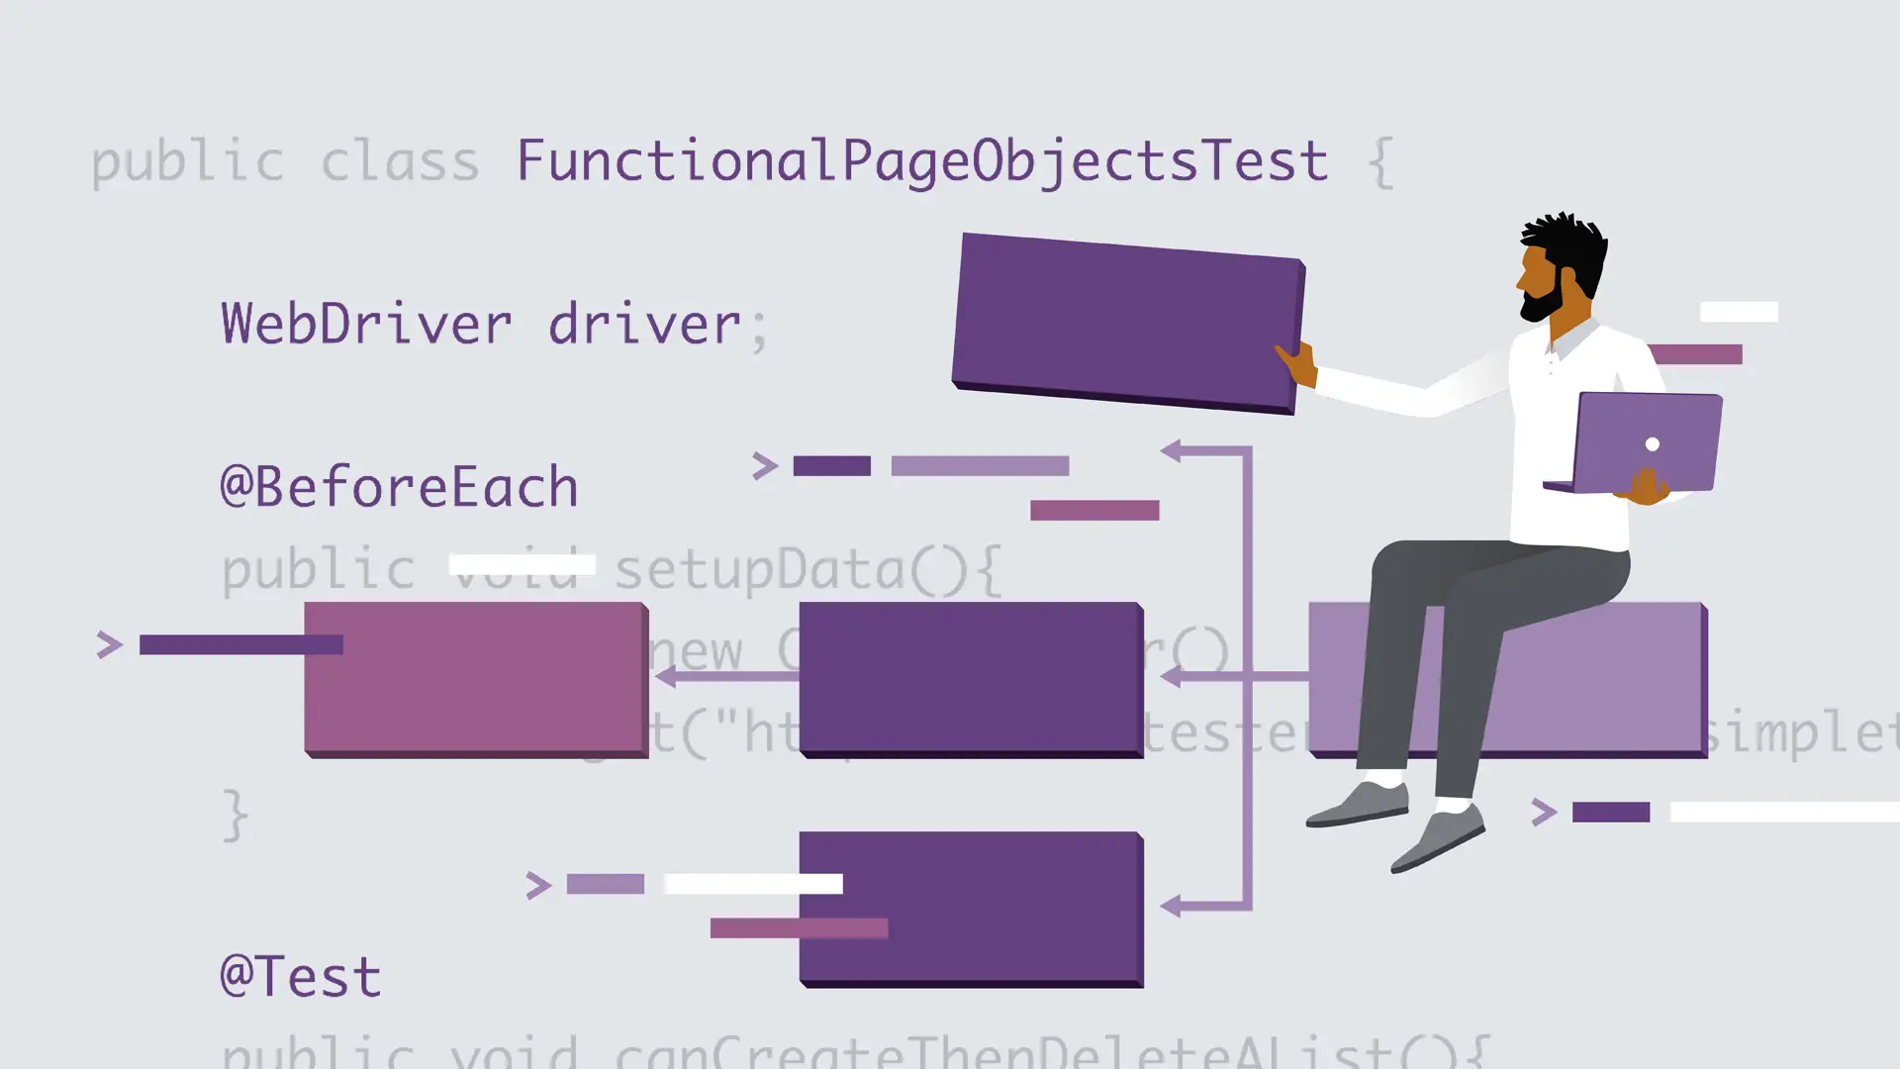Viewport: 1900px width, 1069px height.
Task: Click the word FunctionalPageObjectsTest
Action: point(921,161)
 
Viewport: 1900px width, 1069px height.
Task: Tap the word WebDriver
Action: point(366,324)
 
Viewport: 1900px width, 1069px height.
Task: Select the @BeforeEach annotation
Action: point(399,487)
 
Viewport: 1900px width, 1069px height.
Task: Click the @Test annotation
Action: point(301,977)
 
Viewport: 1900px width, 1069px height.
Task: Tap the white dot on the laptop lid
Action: point(1652,444)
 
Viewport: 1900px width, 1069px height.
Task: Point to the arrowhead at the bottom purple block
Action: point(1171,906)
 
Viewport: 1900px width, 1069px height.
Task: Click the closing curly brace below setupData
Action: point(235,815)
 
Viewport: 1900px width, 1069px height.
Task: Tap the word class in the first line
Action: point(400,161)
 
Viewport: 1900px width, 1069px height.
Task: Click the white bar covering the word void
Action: point(522,564)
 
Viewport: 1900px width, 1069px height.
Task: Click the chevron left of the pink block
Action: point(109,645)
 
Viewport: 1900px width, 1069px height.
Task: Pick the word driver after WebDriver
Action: point(644,324)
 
